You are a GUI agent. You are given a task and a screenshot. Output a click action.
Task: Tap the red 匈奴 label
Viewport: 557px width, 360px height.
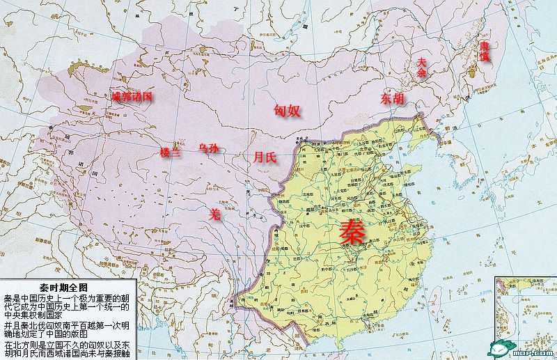(286, 110)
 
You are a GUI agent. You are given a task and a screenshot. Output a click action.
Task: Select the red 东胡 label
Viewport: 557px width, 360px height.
(392, 99)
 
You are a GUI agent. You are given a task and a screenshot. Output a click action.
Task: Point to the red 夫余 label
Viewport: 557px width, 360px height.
(421, 67)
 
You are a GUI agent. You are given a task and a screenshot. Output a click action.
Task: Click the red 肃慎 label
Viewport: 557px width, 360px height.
(484, 52)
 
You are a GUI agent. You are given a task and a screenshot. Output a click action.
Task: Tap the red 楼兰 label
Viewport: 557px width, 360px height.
(171, 152)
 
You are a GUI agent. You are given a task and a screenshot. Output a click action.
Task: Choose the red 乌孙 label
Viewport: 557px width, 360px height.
(208, 148)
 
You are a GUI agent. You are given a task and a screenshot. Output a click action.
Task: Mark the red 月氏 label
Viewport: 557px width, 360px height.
(265, 157)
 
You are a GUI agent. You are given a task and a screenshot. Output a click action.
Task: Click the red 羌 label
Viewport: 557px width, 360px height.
(216, 215)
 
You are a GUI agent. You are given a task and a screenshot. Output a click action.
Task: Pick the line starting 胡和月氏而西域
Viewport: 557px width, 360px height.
(67, 354)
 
